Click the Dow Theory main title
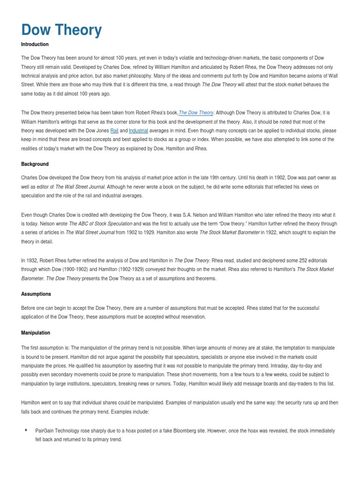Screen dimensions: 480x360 (61, 30)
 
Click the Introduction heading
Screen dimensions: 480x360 (35, 45)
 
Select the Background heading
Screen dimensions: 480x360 (35, 165)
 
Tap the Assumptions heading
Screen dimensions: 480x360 (36, 294)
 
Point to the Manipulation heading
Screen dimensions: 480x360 (36, 333)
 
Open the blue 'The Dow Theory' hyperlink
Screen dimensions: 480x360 (197, 113)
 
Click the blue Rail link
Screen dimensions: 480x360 (114, 131)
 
